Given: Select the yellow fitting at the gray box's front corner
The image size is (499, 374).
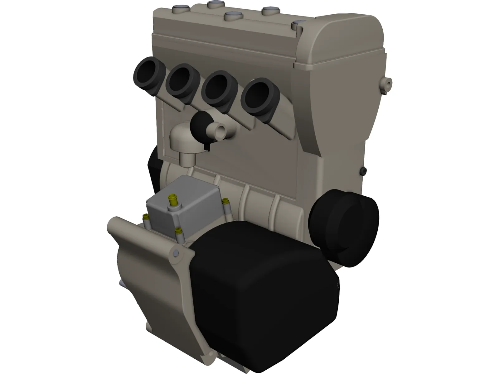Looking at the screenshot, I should (x=178, y=231).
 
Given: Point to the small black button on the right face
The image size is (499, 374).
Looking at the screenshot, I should (x=363, y=171).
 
